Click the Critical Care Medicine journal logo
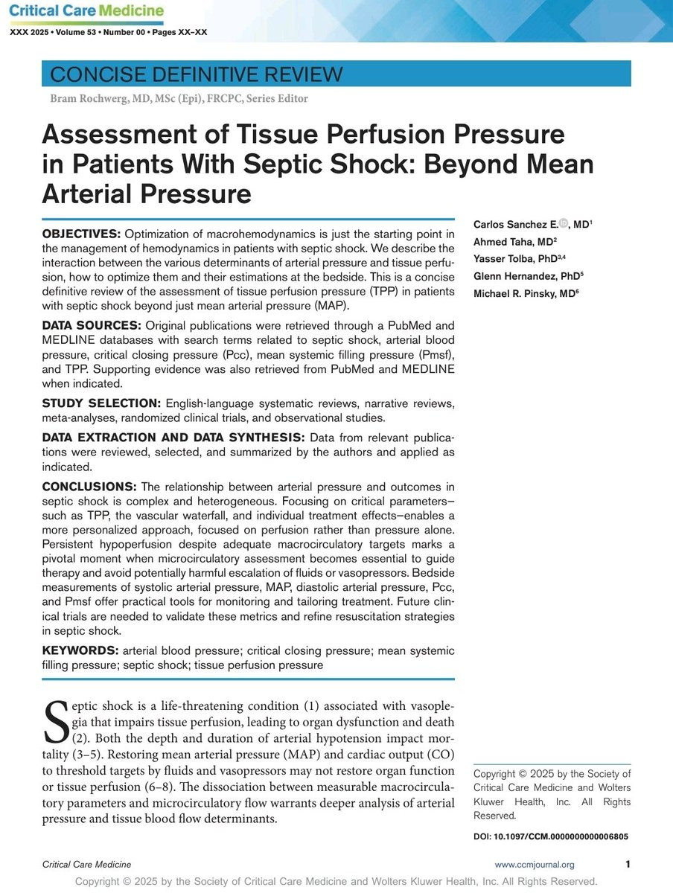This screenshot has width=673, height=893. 85,11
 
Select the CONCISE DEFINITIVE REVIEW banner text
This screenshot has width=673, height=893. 196,74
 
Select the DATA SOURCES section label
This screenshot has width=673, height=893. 91,326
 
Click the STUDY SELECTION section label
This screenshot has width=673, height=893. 101,403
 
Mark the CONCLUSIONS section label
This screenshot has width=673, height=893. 89,487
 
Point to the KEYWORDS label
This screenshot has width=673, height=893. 77,651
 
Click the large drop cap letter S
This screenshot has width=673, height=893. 57,722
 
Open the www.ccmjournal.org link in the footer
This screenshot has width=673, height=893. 535,864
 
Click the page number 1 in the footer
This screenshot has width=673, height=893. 628,864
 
